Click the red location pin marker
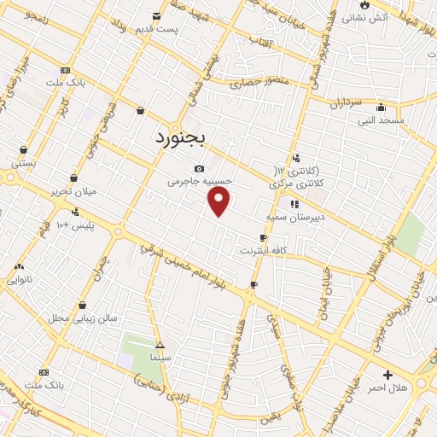point(219,201)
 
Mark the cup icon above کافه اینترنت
point(263,237)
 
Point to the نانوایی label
point(20,279)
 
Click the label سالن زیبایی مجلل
point(82,318)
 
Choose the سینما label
point(156,356)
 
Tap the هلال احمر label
point(388,387)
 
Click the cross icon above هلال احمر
point(388,374)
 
